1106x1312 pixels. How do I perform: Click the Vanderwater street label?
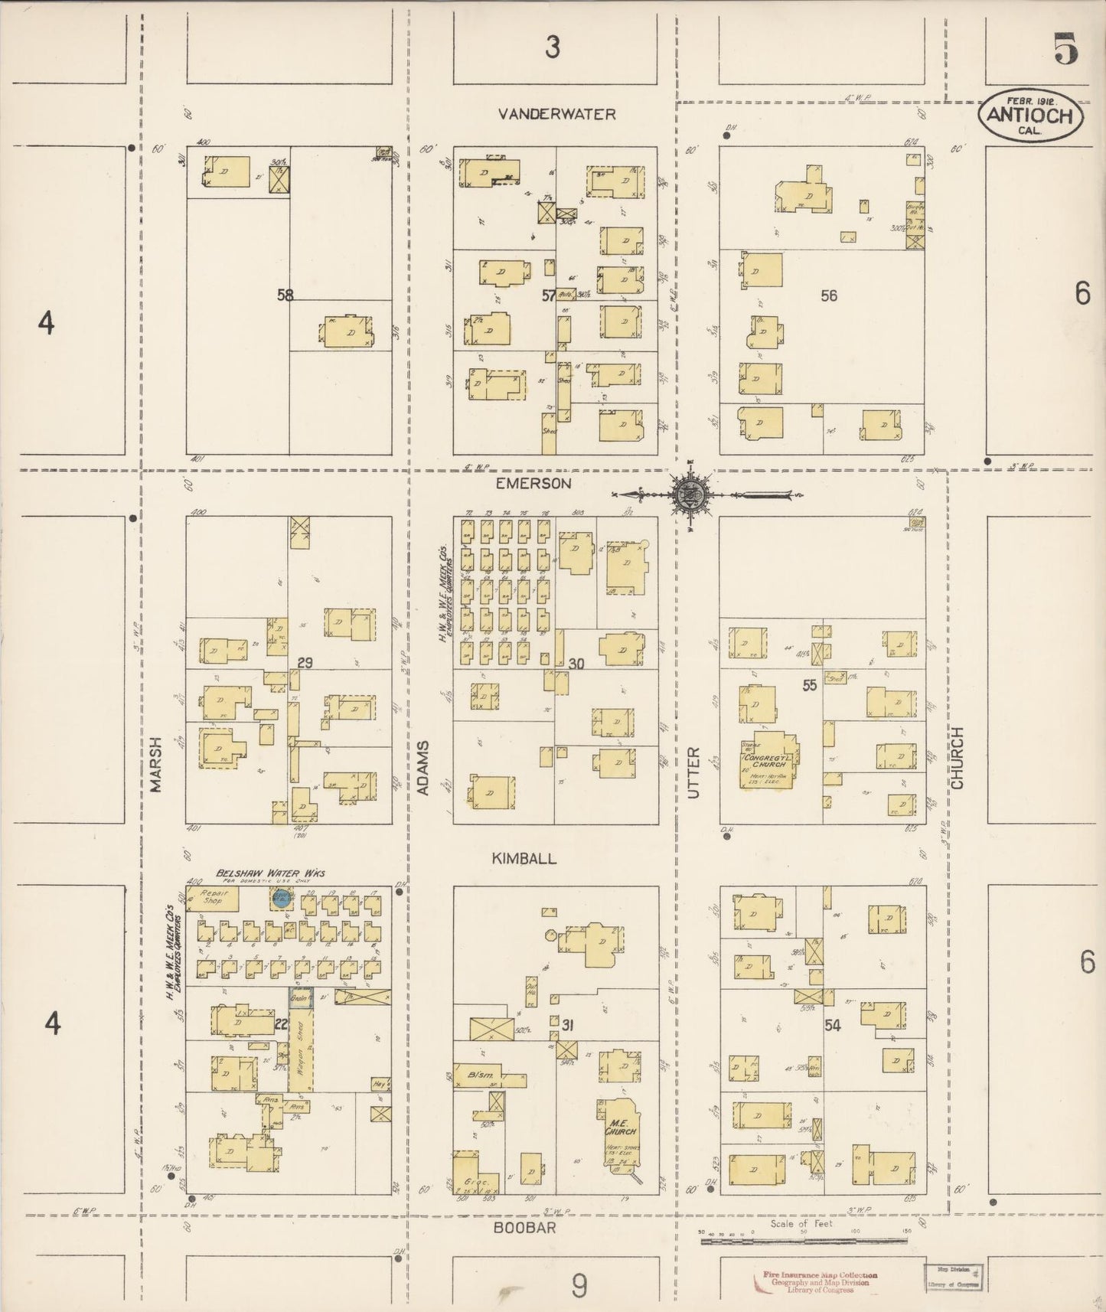click(x=556, y=114)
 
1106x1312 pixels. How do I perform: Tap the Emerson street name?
click(x=533, y=483)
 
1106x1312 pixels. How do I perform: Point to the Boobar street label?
click(x=524, y=1226)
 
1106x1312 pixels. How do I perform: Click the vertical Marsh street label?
click(x=157, y=765)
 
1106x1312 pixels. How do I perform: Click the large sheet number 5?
click(x=1066, y=50)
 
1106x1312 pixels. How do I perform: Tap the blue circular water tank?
click(x=282, y=899)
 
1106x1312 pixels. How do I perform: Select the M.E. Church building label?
click(x=620, y=1128)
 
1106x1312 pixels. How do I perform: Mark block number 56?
click(x=828, y=295)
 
